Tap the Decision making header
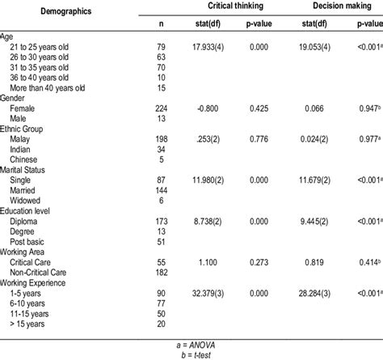pyautogui.click(x=330, y=6)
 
